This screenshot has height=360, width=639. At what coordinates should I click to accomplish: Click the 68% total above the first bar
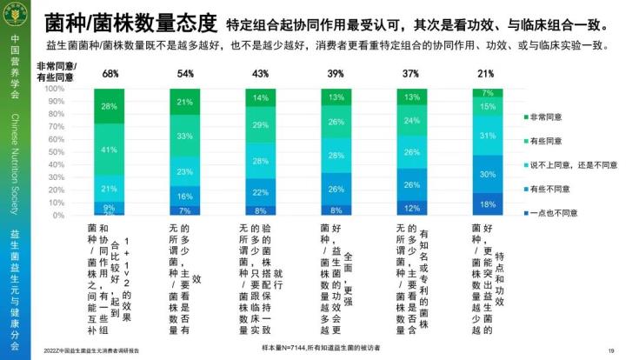click(111, 74)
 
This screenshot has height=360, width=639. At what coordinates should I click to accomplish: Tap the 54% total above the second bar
click(185, 74)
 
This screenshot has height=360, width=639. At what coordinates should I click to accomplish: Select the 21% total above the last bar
click(485, 74)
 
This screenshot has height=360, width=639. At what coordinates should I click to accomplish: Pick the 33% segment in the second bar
click(185, 137)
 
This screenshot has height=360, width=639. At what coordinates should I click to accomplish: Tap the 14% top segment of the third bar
click(260, 97)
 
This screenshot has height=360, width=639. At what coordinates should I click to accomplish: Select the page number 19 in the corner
click(611, 350)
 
